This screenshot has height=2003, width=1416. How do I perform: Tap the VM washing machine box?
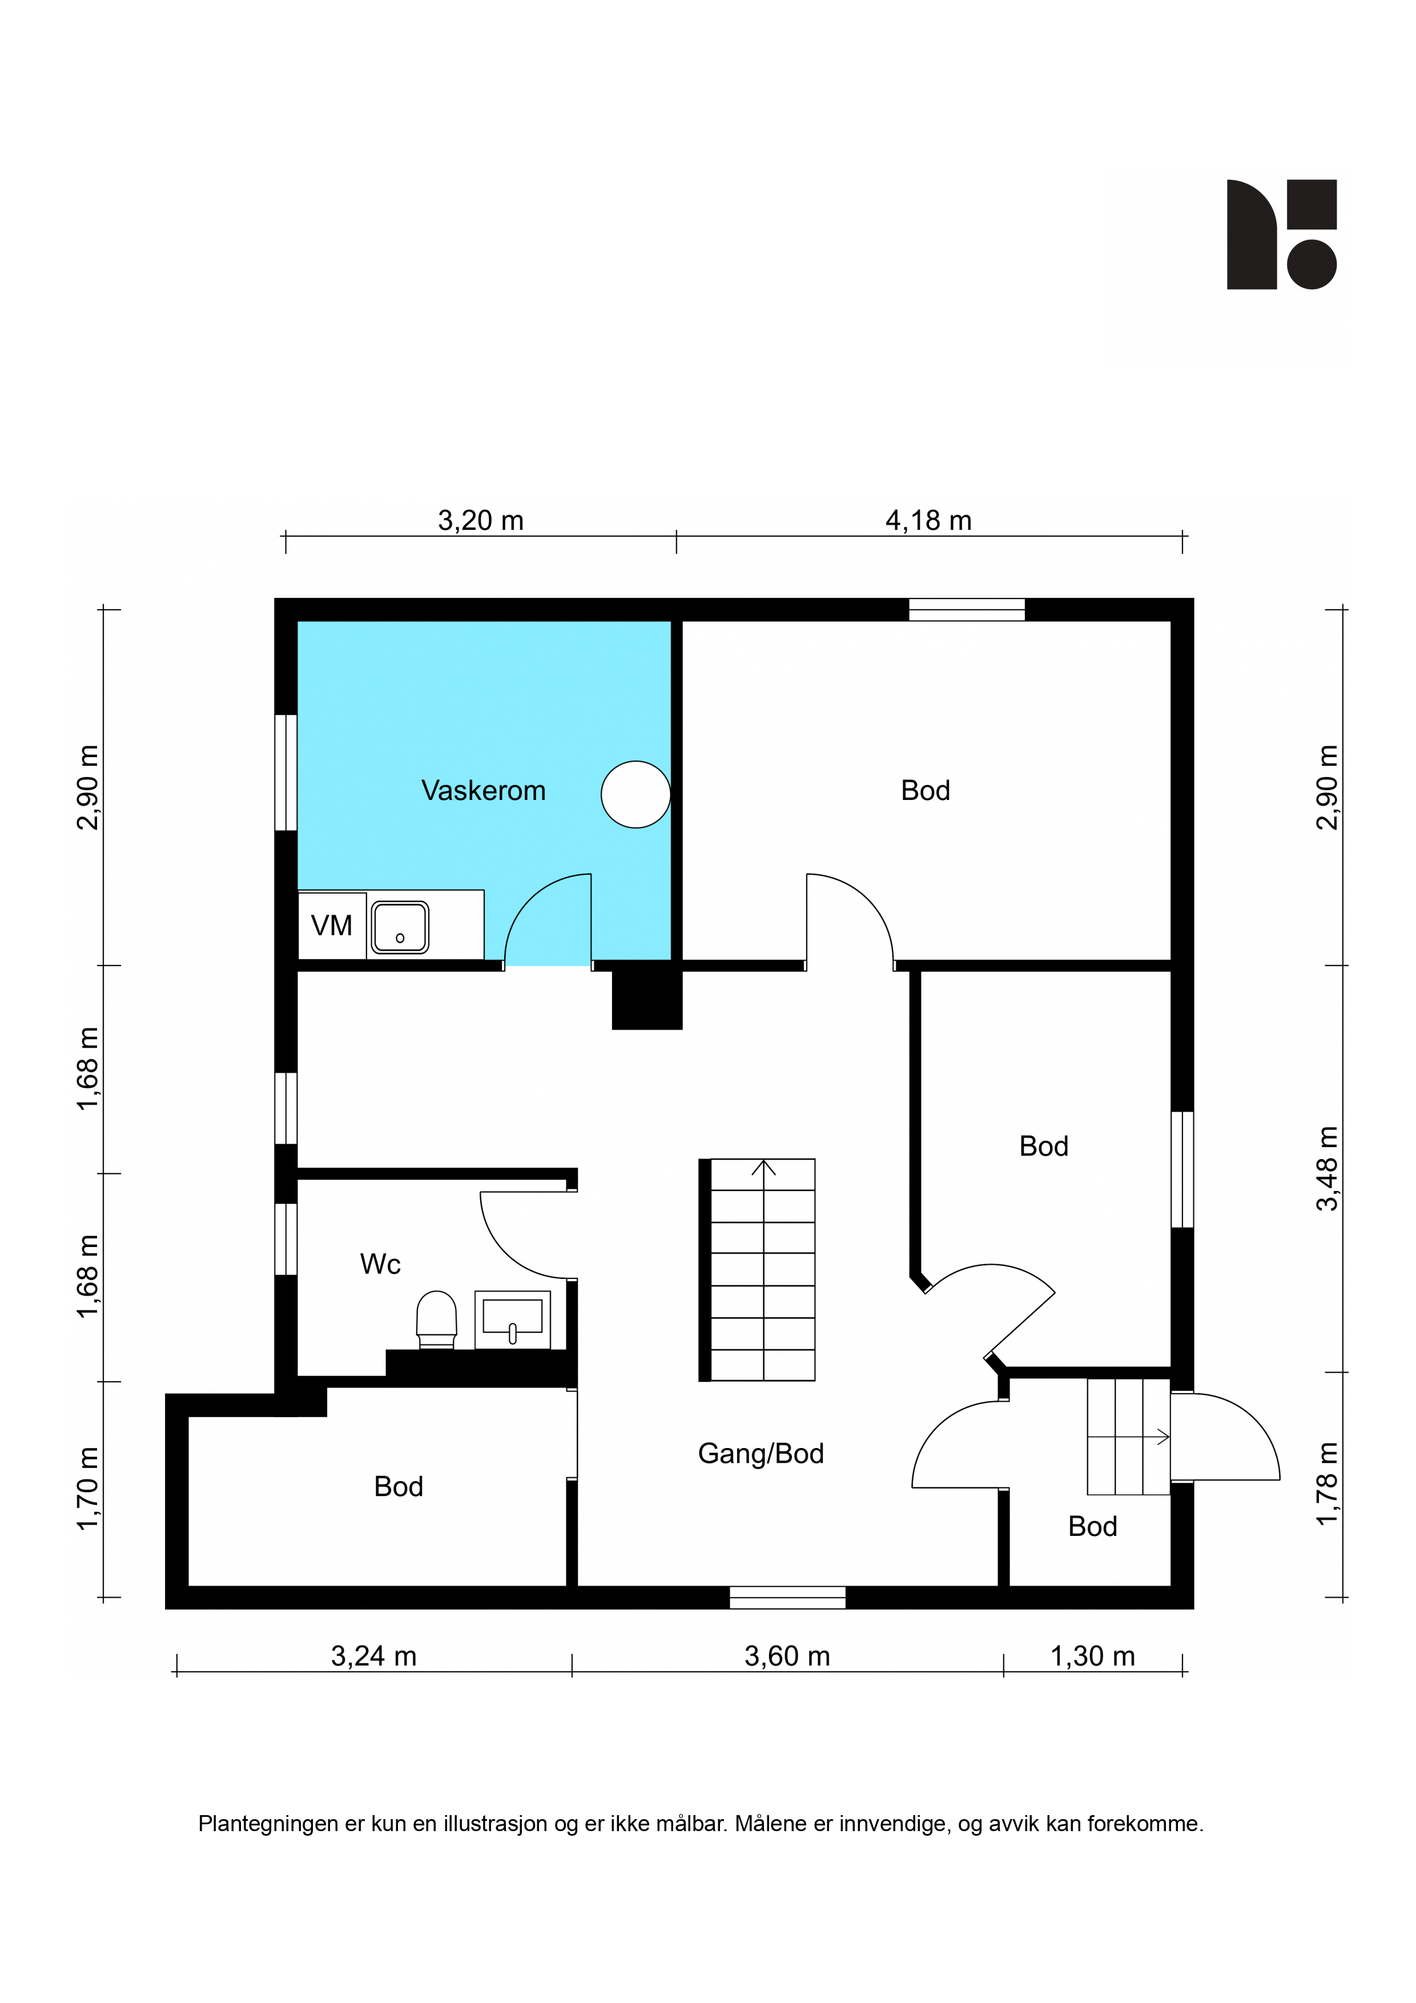pyautogui.click(x=332, y=925)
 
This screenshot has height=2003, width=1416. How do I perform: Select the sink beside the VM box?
pyautogui.click(x=400, y=927)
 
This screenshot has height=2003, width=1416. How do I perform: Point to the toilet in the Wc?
pyautogui.click(x=436, y=1319)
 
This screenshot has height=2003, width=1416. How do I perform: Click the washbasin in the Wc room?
pyautogui.click(x=512, y=1319)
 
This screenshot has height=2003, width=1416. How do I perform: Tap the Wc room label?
pyautogui.click(x=380, y=1264)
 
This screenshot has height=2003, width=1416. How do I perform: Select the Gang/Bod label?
pyautogui.click(x=761, y=1453)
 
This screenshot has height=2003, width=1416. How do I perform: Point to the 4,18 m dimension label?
pyautogui.click(x=928, y=521)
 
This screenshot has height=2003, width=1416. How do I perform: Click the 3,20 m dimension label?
pyautogui.click(x=481, y=521)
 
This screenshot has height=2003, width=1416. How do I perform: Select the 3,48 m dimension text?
pyautogui.click(x=1327, y=1169)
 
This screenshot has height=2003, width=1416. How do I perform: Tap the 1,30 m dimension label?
pyautogui.click(x=1092, y=1656)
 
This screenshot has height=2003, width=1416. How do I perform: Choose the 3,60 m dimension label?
pyautogui.click(x=787, y=1656)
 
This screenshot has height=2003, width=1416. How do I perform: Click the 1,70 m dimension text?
pyautogui.click(x=88, y=1489)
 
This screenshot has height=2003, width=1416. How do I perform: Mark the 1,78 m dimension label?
pyautogui.click(x=1327, y=1485)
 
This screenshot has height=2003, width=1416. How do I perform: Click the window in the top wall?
pyautogui.click(x=967, y=610)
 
